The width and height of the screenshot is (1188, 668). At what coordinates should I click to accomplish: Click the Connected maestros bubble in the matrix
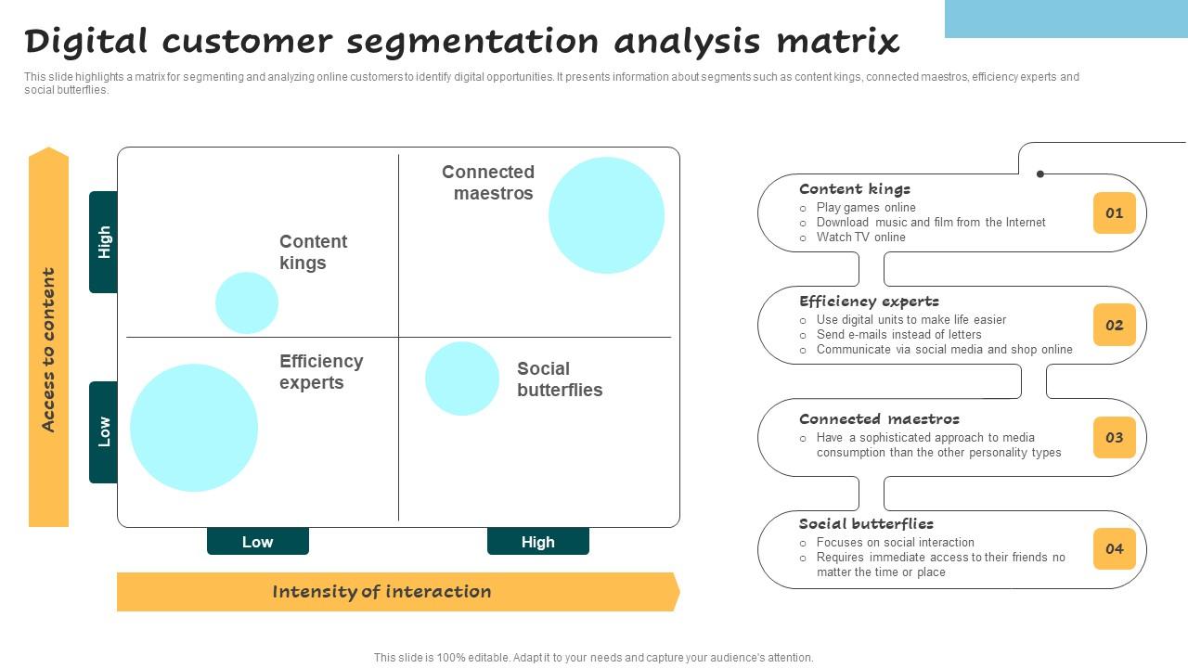click(x=606, y=215)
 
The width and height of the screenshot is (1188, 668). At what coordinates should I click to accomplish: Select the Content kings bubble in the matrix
click(x=247, y=302)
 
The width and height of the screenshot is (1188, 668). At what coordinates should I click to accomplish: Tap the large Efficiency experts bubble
click(x=194, y=428)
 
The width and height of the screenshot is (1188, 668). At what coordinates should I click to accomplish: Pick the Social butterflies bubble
click(x=462, y=379)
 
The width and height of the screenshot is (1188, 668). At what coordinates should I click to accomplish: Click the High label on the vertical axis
click(x=104, y=242)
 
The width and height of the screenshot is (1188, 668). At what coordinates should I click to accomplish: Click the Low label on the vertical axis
click(x=104, y=431)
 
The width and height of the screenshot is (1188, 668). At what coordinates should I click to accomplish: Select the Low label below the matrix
click(x=257, y=542)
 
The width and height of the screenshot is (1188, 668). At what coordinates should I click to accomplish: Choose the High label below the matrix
click(x=537, y=542)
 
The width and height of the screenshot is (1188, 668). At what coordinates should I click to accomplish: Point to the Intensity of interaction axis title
click(x=381, y=592)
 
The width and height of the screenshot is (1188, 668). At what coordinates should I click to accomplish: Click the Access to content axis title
click(x=48, y=350)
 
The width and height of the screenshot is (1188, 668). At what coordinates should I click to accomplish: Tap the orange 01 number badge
click(x=1114, y=212)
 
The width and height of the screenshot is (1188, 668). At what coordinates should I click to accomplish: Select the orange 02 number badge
click(x=1114, y=325)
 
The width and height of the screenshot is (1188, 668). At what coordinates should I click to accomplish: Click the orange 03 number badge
click(x=1114, y=437)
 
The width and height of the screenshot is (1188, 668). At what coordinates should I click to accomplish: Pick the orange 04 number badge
click(x=1114, y=548)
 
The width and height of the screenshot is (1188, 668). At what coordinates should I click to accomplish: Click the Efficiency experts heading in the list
click(x=869, y=302)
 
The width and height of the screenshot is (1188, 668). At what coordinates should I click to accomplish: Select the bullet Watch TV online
click(x=860, y=238)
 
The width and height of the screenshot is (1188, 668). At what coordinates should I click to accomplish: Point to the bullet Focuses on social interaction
click(x=895, y=543)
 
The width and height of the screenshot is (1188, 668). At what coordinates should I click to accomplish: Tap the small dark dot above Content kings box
click(x=1040, y=173)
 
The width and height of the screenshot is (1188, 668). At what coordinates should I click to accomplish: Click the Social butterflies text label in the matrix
click(x=559, y=379)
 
